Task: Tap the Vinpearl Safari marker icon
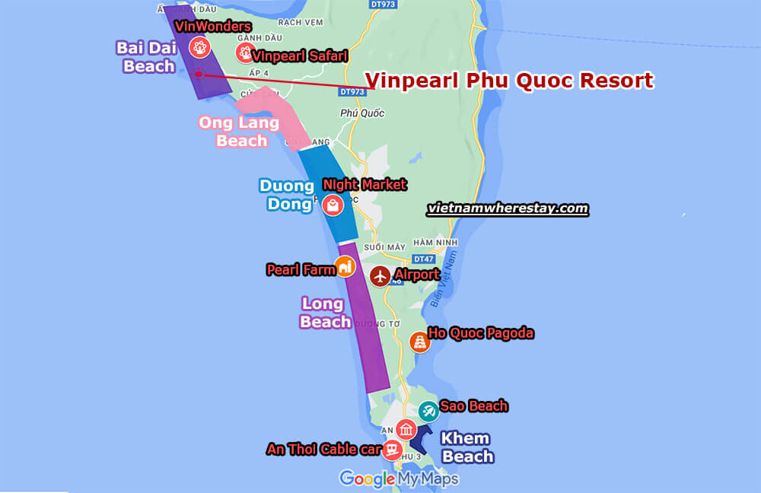244,52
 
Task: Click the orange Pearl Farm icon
345,266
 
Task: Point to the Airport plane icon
380,275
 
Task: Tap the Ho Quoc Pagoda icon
419,342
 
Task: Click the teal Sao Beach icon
428,411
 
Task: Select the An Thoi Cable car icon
392,450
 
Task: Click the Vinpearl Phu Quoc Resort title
509,81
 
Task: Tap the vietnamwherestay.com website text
508,208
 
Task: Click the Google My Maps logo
399,479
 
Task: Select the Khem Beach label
467,447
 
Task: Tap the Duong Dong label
286,194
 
